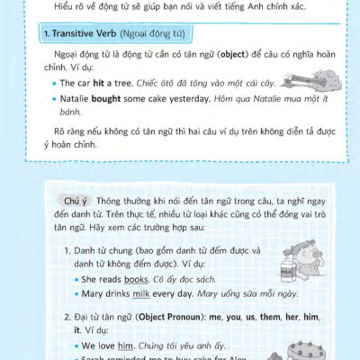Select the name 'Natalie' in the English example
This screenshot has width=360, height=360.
tap(78, 96)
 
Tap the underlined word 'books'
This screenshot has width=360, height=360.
tap(139, 279)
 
